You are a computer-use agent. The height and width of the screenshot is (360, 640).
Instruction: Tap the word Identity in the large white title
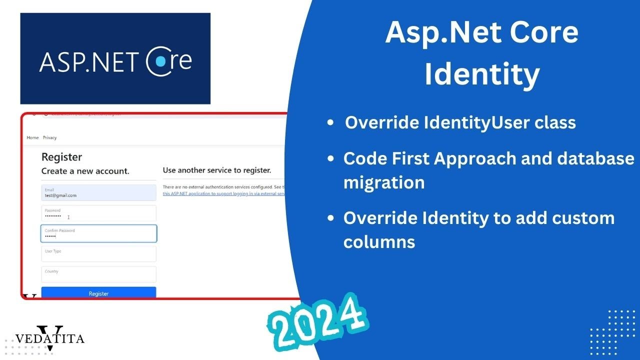pyautogui.click(x=482, y=74)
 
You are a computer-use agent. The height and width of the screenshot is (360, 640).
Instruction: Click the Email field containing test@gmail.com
pyautogui.click(x=98, y=193)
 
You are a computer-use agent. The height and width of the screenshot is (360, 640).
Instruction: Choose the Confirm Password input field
pyautogui.click(x=98, y=233)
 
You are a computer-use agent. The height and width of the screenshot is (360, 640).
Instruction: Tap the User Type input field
pyautogui.click(x=98, y=253)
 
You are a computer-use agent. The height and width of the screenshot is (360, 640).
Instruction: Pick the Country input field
pyautogui.click(x=98, y=274)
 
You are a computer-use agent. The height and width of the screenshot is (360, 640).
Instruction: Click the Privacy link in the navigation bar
pyautogui.click(x=49, y=137)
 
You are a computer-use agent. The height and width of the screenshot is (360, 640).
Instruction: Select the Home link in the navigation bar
pyautogui.click(x=32, y=137)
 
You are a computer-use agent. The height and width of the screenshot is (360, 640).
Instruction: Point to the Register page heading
pyautogui.click(x=61, y=157)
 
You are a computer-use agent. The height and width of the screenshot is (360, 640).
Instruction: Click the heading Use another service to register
pyautogui.click(x=217, y=170)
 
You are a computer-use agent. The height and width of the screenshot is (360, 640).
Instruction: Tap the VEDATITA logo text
pyautogui.click(x=50, y=338)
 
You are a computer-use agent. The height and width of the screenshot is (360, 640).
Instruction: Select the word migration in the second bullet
pyautogui.click(x=383, y=182)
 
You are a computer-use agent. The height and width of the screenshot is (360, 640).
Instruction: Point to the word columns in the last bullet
pyautogui.click(x=379, y=241)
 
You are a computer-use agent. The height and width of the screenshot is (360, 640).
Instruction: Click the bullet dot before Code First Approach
pyautogui.click(x=330, y=159)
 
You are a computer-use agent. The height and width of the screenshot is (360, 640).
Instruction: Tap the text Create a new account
pyautogui.click(x=85, y=171)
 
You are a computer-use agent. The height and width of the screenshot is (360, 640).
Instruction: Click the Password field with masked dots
pyautogui.click(x=98, y=213)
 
